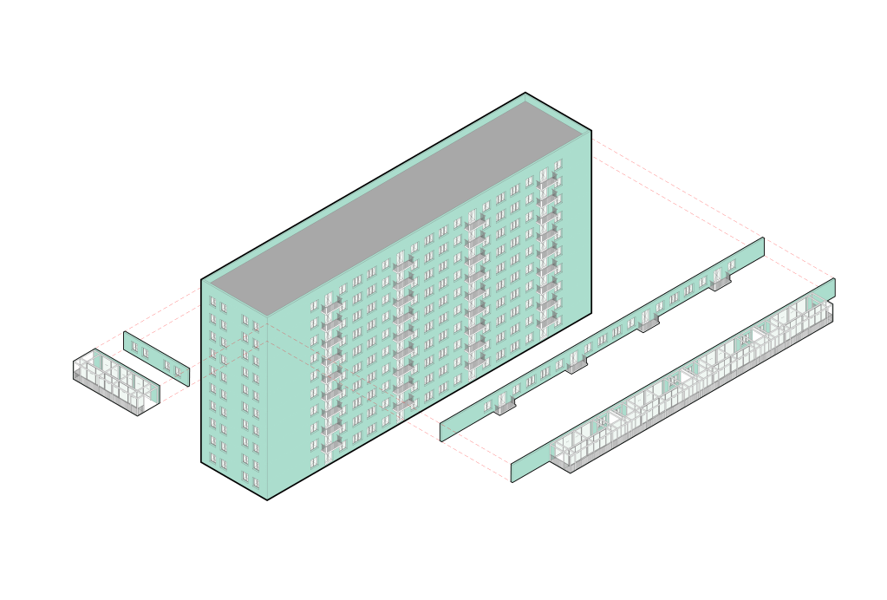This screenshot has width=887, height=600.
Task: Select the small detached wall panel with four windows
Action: coord(156,358)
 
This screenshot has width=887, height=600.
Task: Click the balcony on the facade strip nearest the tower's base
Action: coord(505,405)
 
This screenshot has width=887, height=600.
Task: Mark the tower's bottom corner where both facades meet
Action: coord(266,499)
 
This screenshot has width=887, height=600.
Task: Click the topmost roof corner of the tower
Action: coord(525,93)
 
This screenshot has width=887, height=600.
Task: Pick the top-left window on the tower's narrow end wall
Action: coord(212,302)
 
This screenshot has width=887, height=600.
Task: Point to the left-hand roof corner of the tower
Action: coord(201,279)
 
